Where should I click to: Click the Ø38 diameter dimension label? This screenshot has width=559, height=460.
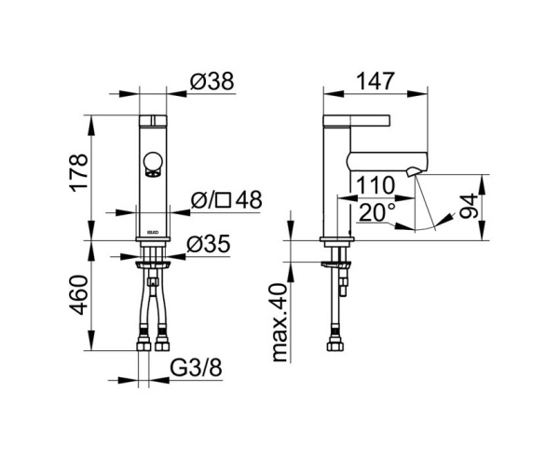(211, 81)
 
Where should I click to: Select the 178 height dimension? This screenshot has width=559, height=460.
(78, 173)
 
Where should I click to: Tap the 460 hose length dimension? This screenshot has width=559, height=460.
(78, 294)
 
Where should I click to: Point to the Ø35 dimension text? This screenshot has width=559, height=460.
(209, 244)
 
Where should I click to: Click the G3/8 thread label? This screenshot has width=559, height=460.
(196, 368)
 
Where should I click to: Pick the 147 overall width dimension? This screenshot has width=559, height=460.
(375, 81)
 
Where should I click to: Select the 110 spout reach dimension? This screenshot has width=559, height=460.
(375, 185)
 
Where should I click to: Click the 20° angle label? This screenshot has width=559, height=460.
(376, 212)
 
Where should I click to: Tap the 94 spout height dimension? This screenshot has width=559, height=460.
(468, 206)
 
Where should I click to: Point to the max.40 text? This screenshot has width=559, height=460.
(279, 322)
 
